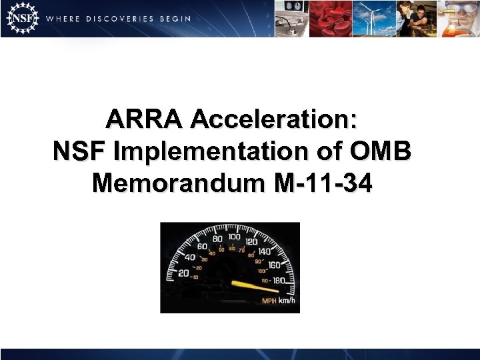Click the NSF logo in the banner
point(21,19)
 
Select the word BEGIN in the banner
point(175,19)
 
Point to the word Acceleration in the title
point(274,121)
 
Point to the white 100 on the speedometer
point(235,237)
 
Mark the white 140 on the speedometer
point(265,251)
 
